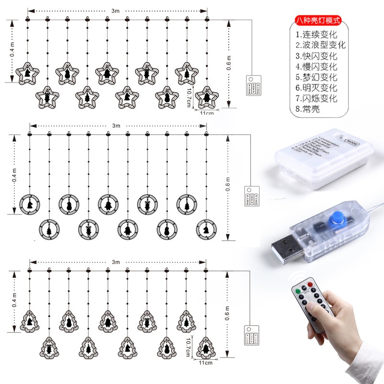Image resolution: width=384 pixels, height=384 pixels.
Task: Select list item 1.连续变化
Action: click(x=317, y=35)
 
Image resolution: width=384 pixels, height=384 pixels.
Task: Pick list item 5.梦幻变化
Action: click(x=317, y=77)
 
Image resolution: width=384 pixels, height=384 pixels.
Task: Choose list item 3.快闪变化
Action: click(x=317, y=56)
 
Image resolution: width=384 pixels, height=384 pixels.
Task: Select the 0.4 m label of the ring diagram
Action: click(x=13, y=175)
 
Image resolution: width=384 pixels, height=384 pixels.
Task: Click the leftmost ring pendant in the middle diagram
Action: click(x=30, y=204)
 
